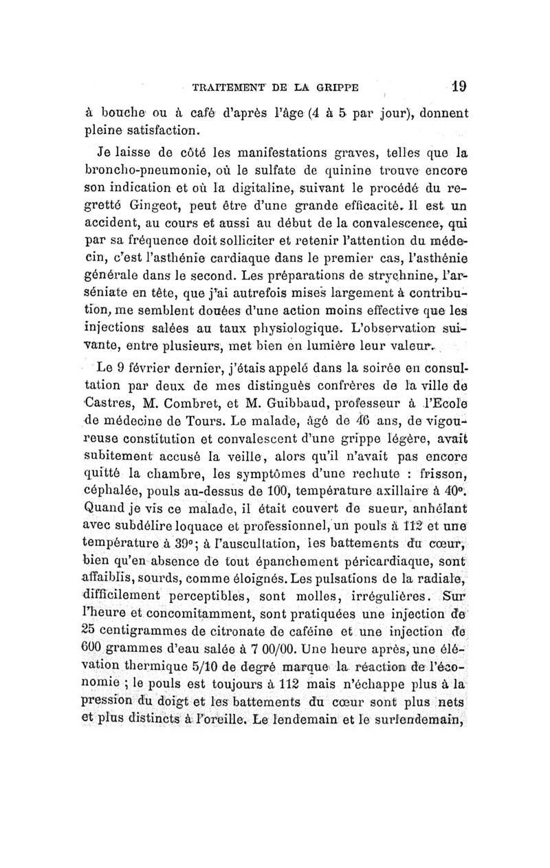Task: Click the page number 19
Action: (x=459, y=87)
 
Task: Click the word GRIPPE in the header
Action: (x=338, y=88)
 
